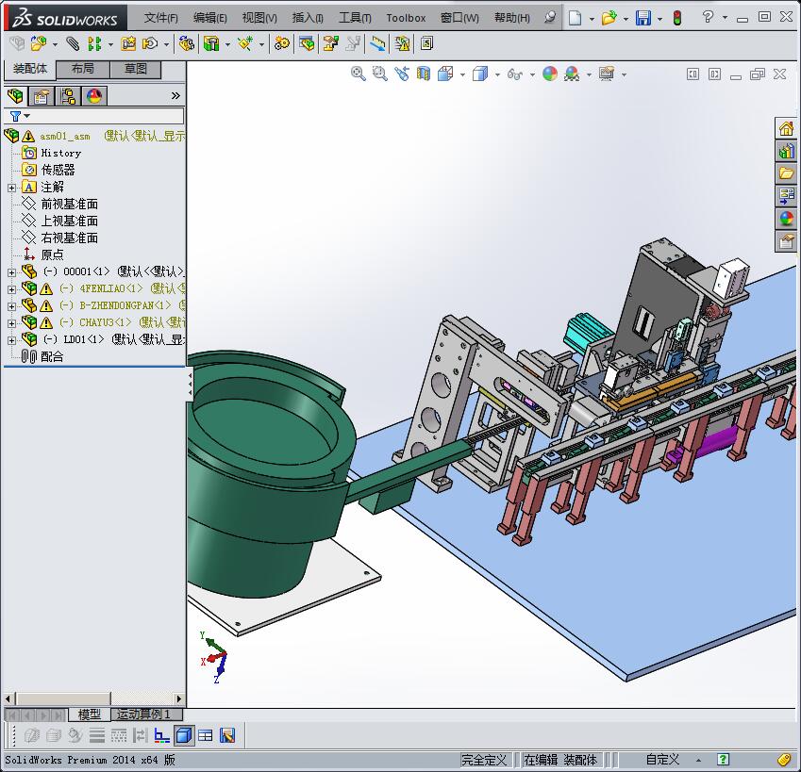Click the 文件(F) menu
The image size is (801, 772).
coord(160,18)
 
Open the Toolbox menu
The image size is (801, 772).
coord(406,18)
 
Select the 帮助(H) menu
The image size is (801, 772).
coord(511,18)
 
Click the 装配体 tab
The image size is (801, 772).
coord(30,69)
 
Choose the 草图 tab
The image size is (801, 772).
coord(136,69)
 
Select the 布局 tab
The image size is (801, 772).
coord(83,69)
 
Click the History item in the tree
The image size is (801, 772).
coord(60,153)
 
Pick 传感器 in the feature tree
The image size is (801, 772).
coord(58,170)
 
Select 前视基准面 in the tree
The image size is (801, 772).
coord(69,204)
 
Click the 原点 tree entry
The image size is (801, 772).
coord(52,255)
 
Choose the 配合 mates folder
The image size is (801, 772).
coord(52,356)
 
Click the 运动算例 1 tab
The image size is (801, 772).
coord(143,715)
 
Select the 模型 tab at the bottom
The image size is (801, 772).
coord(90,715)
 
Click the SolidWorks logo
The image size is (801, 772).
coord(66,18)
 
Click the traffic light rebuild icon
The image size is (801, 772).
coord(676,18)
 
